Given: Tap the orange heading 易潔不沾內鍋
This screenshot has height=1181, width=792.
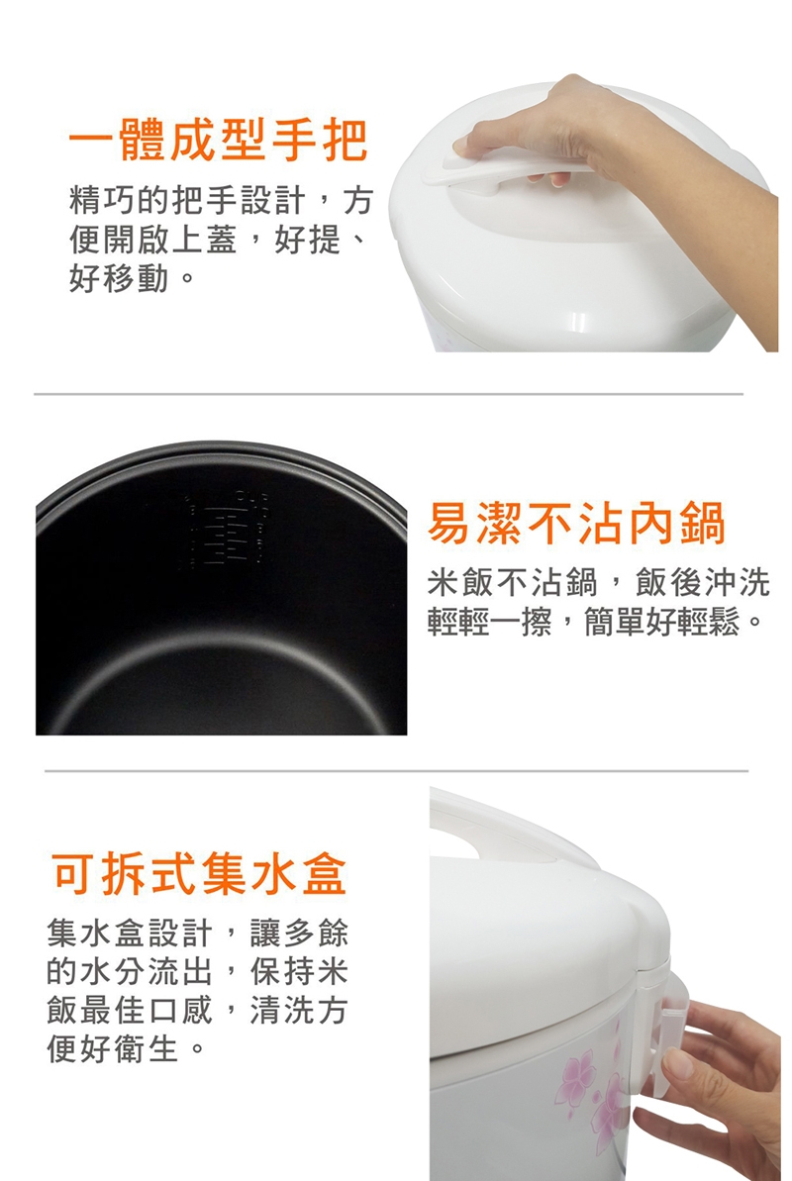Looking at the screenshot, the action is [x=577, y=524].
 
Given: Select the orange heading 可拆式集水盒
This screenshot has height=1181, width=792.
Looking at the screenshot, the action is [x=199, y=873].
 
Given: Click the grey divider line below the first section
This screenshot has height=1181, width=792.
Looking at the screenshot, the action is [x=388, y=394].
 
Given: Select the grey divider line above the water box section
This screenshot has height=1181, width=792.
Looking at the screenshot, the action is [x=396, y=770].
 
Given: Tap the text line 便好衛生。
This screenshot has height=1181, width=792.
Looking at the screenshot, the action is [x=125, y=1048].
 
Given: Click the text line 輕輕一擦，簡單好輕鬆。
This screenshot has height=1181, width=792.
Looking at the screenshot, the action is [x=595, y=622].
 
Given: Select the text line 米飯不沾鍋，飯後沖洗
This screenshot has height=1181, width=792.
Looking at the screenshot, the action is [x=598, y=582].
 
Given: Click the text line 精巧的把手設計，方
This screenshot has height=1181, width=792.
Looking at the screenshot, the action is [x=221, y=200].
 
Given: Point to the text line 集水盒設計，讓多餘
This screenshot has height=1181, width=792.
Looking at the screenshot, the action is [x=197, y=934].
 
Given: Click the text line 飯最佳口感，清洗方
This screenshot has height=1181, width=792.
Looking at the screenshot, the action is [x=197, y=1010].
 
